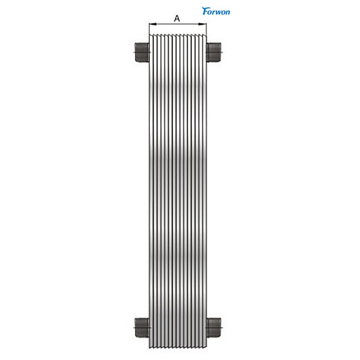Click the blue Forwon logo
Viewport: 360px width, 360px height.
point(216,11)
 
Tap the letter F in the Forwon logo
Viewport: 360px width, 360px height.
point(205,11)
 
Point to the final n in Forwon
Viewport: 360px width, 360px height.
point(227,12)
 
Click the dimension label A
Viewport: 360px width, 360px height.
point(177,18)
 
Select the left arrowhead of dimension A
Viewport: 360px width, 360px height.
point(153,24)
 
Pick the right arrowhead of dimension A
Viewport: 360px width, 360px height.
point(202,24)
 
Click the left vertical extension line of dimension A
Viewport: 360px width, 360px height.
point(149,28)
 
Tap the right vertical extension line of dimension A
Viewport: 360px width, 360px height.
point(206,28)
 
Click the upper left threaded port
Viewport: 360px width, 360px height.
point(142,53)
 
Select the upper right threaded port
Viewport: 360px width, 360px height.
point(214,53)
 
